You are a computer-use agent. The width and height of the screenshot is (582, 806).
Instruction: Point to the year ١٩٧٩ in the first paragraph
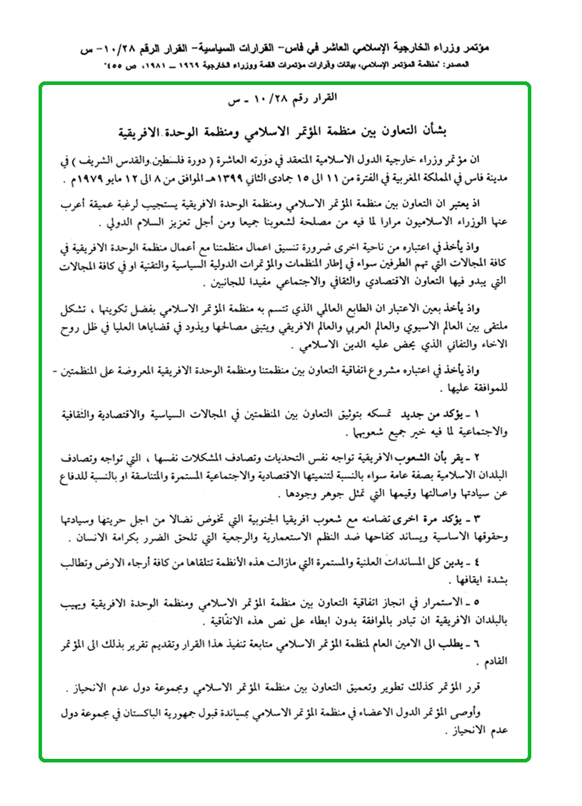(x=126, y=178)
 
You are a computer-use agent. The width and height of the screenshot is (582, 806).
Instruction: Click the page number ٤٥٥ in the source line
(x=119, y=65)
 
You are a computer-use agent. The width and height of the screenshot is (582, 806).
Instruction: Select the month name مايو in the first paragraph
(x=156, y=178)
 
